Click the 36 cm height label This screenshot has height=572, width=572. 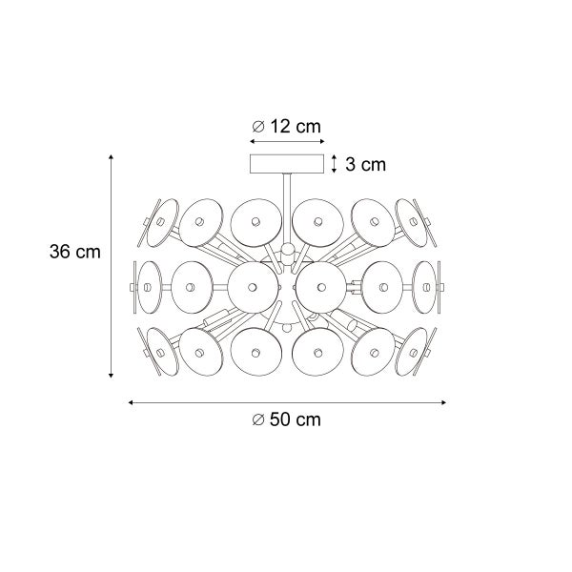point(73,252)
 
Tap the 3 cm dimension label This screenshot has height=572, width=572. point(364,165)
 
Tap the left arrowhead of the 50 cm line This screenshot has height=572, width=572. point(130,402)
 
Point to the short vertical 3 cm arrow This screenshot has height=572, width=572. point(334,165)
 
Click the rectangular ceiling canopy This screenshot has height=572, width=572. point(286,165)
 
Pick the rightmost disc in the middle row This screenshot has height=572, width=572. point(425,283)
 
